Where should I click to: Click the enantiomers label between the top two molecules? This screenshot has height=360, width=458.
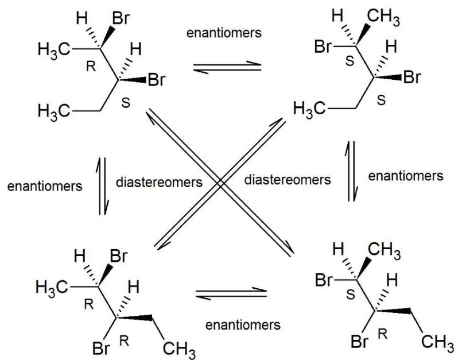click(224, 33)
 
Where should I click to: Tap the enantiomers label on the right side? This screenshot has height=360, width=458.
click(406, 176)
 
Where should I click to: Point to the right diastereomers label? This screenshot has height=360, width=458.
click(287, 180)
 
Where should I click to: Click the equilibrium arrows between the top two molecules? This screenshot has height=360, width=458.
click(226, 67)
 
